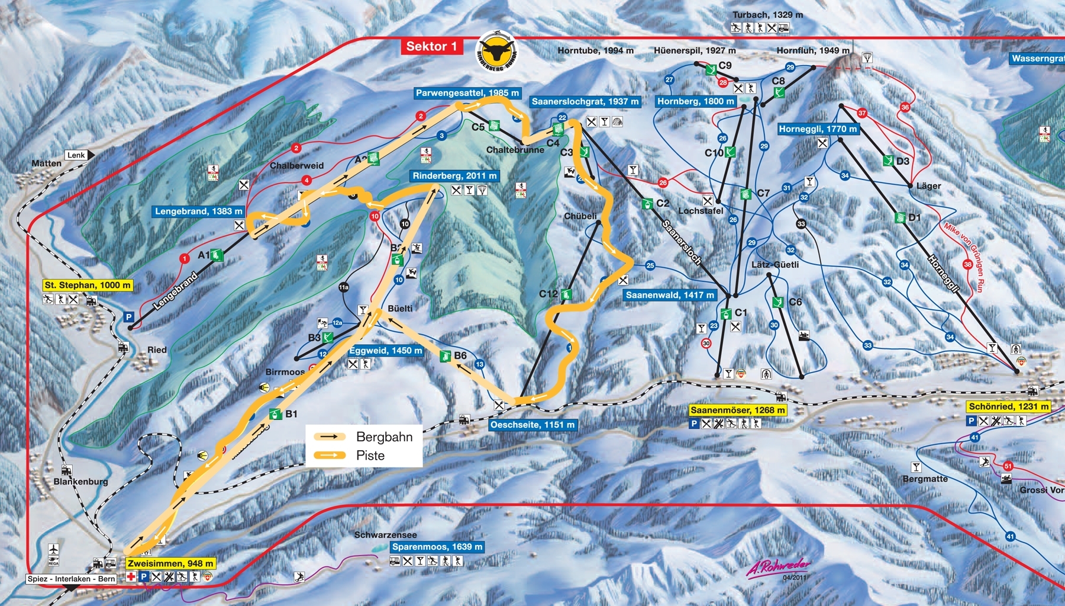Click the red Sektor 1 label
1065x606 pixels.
click(x=431, y=47)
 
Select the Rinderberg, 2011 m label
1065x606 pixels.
click(x=454, y=176)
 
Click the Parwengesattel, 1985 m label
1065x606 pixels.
click(x=467, y=93)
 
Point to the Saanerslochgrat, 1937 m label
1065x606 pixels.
click(x=585, y=101)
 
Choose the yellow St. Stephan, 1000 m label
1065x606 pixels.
click(x=88, y=285)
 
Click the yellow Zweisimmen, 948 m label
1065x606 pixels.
click(x=170, y=563)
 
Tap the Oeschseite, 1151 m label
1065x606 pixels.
click(x=532, y=425)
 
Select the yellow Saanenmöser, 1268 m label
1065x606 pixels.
click(x=738, y=410)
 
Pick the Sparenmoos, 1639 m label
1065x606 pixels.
click(x=437, y=547)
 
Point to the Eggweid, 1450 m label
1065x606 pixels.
click(x=386, y=351)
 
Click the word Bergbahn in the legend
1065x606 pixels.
click(x=384, y=437)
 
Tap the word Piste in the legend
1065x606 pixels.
click(x=370, y=456)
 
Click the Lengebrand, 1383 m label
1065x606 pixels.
click(x=198, y=211)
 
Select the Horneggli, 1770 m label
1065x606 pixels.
click(x=817, y=129)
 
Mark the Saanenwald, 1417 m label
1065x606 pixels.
click(x=670, y=295)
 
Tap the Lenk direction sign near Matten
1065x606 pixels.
click(x=76, y=155)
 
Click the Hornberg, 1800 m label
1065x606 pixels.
click(x=695, y=101)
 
